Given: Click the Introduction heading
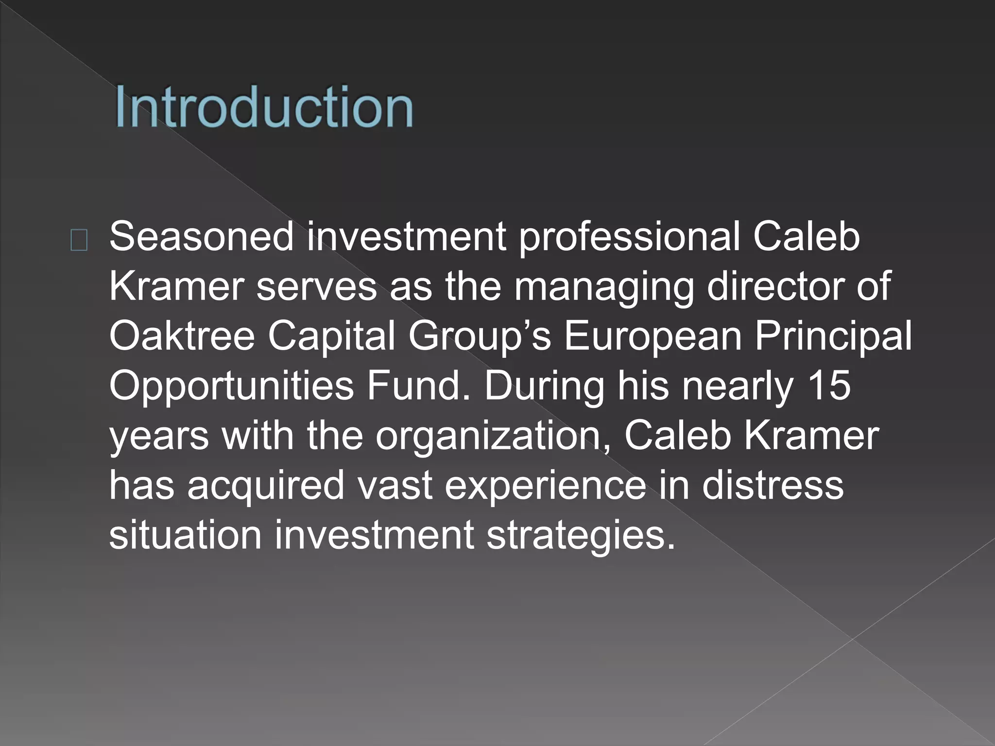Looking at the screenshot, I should pyautogui.click(x=264, y=107).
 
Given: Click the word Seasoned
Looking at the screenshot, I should pyautogui.click(x=202, y=237).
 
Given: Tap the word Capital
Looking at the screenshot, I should pyautogui.click(x=331, y=336).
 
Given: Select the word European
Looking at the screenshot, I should pyautogui.click(x=652, y=337).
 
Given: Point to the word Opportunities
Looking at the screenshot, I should pyautogui.click(x=232, y=387).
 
